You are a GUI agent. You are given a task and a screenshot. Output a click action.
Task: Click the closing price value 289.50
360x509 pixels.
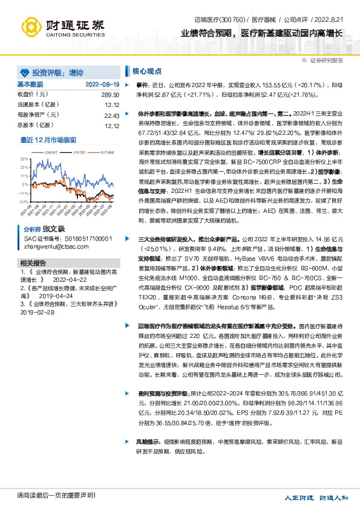pyautogui.click(x=110, y=95)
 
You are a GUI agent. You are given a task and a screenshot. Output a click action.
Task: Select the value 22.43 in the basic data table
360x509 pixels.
pyautogui.click(x=111, y=115)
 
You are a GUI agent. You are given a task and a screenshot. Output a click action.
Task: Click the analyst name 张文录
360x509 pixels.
pyautogui.click(x=53, y=230)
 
